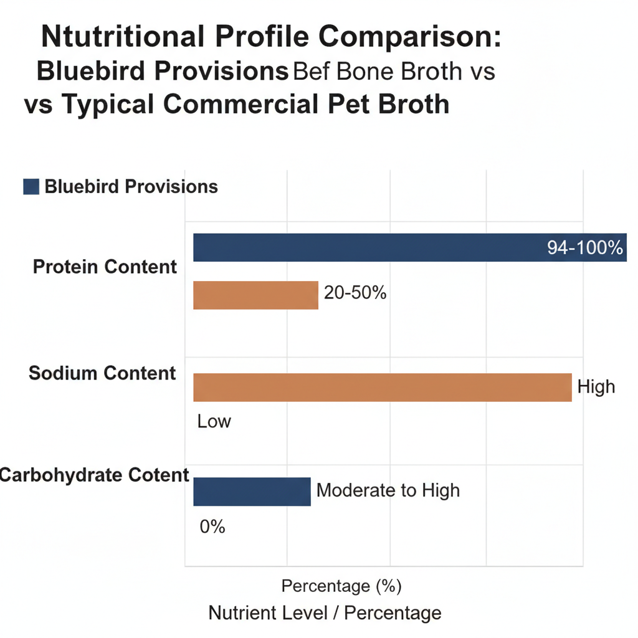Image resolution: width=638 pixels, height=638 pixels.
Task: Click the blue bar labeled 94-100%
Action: [x=374, y=247]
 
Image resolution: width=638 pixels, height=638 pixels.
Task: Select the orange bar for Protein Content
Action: [x=255, y=295]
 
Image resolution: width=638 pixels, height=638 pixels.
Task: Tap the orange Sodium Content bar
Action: [x=382, y=387]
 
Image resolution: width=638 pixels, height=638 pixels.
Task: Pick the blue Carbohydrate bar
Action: [x=252, y=492]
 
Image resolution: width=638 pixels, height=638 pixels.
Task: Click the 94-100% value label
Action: [x=585, y=247]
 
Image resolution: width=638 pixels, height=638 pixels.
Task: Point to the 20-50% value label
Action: [x=355, y=292]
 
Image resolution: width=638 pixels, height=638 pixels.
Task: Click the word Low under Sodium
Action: [x=214, y=422]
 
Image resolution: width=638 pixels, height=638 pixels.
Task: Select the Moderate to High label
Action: [x=388, y=490]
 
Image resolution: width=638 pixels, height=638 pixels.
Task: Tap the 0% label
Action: [x=212, y=527]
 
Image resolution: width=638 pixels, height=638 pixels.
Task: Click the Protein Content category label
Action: [x=105, y=267]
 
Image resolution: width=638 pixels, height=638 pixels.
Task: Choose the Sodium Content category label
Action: [x=102, y=374]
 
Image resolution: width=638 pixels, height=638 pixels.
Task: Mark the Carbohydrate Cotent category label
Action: [x=93, y=475]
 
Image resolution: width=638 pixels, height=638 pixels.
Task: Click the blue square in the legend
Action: [x=31, y=187]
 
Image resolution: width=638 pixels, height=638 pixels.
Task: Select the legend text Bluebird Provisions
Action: [x=131, y=187]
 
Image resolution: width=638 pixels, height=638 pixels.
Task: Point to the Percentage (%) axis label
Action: [x=341, y=586]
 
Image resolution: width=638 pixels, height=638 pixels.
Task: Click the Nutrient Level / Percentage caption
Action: [x=325, y=613]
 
